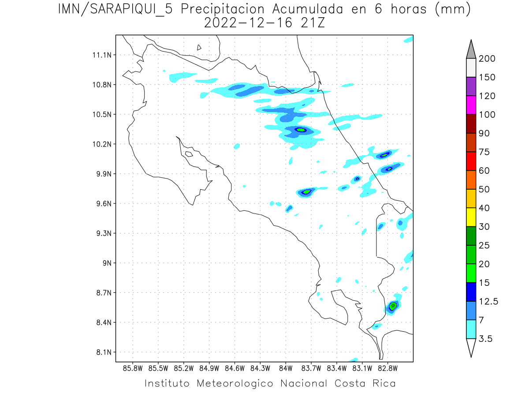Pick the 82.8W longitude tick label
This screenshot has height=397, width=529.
(387, 368)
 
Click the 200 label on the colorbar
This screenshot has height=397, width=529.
(487, 59)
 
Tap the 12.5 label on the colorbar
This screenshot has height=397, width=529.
(488, 302)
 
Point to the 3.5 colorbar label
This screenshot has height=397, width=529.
(486, 339)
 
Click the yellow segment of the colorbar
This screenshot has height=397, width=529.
(471, 217)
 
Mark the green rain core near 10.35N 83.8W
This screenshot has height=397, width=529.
(300, 130)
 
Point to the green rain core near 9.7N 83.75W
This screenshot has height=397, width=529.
(307, 192)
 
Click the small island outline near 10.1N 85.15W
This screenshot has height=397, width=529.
(188, 154)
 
